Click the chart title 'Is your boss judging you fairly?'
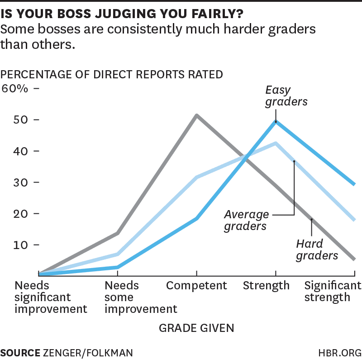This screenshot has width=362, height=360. (121, 13)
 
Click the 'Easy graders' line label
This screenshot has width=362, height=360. (286, 96)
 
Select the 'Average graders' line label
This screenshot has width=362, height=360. (247, 220)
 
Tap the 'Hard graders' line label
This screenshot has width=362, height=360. (317, 250)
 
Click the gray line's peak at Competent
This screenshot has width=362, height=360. (196, 115)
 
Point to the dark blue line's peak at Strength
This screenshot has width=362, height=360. (276, 121)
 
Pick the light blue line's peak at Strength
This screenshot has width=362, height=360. (276, 143)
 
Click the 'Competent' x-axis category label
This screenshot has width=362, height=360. (196, 286)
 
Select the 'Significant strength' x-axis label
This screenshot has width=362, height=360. (333, 291)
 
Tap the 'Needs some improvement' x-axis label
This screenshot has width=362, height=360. (141, 297)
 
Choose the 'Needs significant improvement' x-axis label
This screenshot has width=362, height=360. (51, 297)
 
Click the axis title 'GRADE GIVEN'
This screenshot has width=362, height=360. (196, 327)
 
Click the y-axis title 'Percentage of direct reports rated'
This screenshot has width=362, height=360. (112, 74)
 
